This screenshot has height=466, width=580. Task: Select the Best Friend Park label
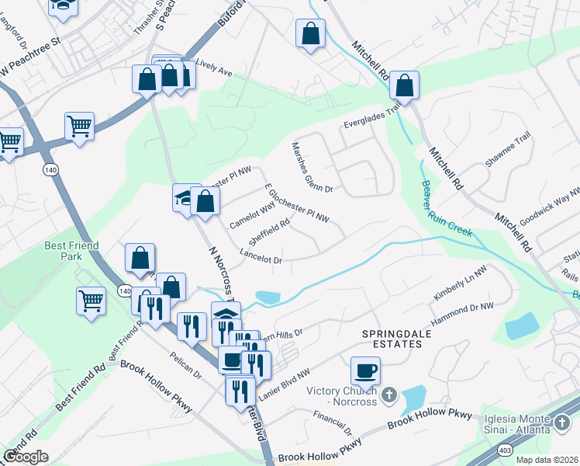click(63, 251)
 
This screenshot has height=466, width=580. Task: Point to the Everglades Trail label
click(372, 117)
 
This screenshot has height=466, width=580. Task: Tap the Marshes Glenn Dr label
click(312, 167)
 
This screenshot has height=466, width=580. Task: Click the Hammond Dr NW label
click(463, 312)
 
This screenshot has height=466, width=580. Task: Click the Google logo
click(25, 456)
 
